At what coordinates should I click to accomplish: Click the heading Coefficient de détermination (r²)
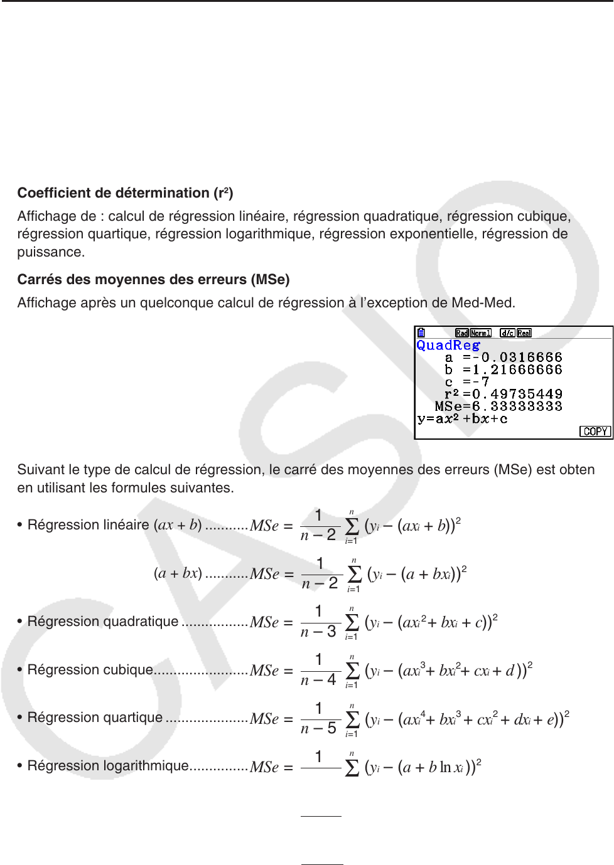click(125, 193)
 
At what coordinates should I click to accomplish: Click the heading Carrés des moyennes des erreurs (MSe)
click(153, 280)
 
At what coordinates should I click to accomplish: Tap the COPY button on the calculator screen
click(595, 432)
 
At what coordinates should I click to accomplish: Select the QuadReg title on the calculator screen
click(448, 345)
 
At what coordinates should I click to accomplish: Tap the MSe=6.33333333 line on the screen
click(498, 406)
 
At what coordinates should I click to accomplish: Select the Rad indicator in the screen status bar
click(462, 333)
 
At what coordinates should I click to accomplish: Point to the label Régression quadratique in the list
click(103, 622)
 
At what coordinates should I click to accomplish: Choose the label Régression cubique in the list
click(90, 670)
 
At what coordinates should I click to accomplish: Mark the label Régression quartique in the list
click(95, 718)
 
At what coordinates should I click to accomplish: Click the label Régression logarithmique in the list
click(108, 766)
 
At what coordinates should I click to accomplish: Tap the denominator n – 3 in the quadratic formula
click(318, 632)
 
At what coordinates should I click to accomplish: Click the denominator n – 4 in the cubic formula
click(318, 680)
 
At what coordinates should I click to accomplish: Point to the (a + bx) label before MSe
click(178, 573)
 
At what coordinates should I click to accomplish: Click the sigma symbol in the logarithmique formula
click(352, 768)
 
